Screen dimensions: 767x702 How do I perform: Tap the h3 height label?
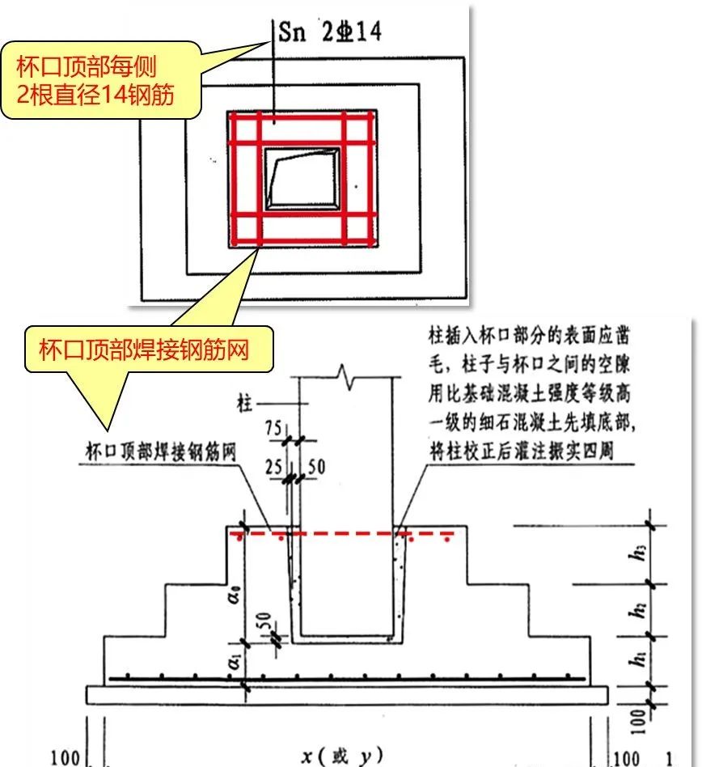pos(663,555)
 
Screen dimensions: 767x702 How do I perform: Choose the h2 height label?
pos(663,610)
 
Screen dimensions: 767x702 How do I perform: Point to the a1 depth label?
pos(233,661)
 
